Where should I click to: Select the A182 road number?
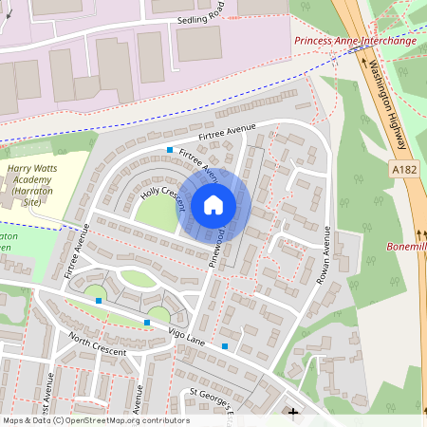[401, 168]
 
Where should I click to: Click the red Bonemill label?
[406, 247]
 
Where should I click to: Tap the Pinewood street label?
[216, 245]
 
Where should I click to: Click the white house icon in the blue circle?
[213, 204]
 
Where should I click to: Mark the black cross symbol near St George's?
[293, 413]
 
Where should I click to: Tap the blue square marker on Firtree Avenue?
[170, 151]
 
